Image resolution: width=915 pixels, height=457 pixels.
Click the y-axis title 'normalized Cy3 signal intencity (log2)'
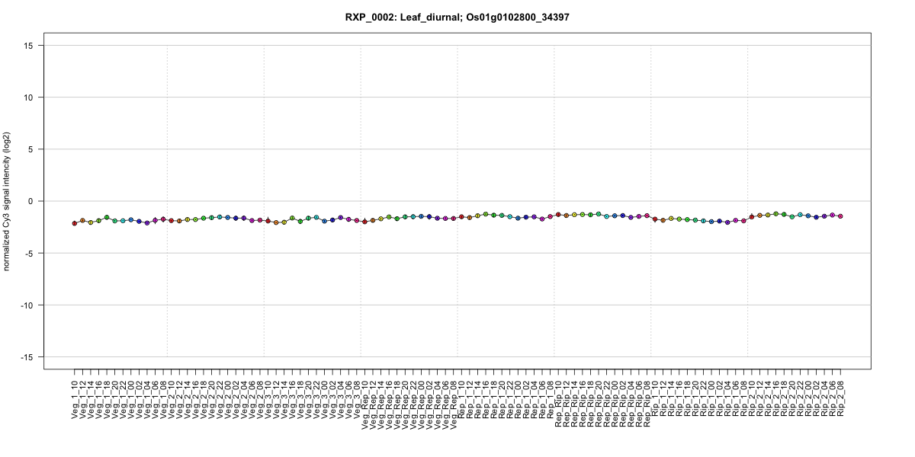pyautogui.click(x=8, y=201)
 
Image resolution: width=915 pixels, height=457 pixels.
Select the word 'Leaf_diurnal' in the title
pyautogui.click(x=432, y=17)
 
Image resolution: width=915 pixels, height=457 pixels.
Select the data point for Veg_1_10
pyautogui.click(x=75, y=223)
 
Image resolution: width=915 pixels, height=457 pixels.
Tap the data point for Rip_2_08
pyautogui.click(x=840, y=216)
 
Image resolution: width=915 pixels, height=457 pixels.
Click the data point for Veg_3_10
pyautogui.click(x=268, y=221)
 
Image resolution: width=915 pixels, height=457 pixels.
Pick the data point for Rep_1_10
pyautogui.click(x=461, y=217)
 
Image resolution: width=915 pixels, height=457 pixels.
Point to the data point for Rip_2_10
pyautogui.click(x=751, y=217)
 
